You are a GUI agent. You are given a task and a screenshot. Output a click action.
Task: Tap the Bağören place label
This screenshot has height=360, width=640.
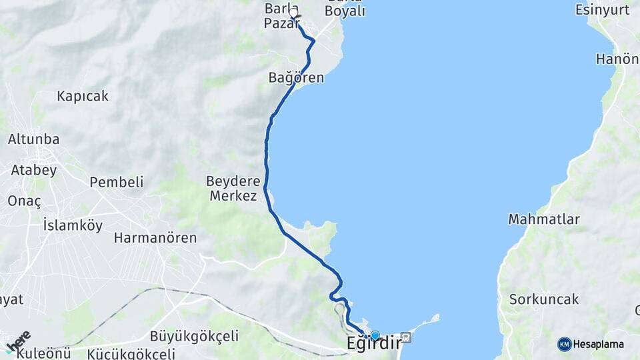coord(296,78)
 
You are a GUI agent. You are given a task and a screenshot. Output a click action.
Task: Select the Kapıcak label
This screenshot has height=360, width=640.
coord(83,96)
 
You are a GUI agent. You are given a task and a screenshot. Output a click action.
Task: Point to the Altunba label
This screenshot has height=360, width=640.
coord(33,139)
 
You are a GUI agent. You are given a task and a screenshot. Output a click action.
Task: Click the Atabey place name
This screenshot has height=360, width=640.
coord(33,169)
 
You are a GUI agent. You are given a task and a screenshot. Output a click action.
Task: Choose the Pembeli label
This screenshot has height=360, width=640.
coord(117,182)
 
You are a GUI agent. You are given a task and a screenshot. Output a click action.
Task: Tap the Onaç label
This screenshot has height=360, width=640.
coord(25,201)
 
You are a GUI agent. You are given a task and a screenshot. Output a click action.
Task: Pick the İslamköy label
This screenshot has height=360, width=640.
coord(73,225)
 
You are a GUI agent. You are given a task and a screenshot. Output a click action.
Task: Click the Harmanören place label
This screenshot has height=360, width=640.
coord(155,237)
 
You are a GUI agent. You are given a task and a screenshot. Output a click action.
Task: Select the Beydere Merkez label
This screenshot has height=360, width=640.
coord(231,188)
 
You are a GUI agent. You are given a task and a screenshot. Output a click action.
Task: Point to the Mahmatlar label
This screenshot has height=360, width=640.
coord(544,219)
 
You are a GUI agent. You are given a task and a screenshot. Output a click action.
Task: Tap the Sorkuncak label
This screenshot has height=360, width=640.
coord(544,299)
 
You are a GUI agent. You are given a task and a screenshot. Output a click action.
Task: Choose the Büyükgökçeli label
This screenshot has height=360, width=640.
coord(194,336)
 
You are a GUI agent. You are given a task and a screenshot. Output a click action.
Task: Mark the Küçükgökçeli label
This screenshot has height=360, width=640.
coord(131,353)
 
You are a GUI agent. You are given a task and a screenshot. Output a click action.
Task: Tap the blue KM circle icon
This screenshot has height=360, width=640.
coord(564,345)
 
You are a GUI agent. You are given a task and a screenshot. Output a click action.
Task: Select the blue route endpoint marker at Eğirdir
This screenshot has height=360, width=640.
coord(375,335)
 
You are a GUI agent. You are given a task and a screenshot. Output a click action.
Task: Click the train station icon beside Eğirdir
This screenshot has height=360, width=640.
coord(407,337)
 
